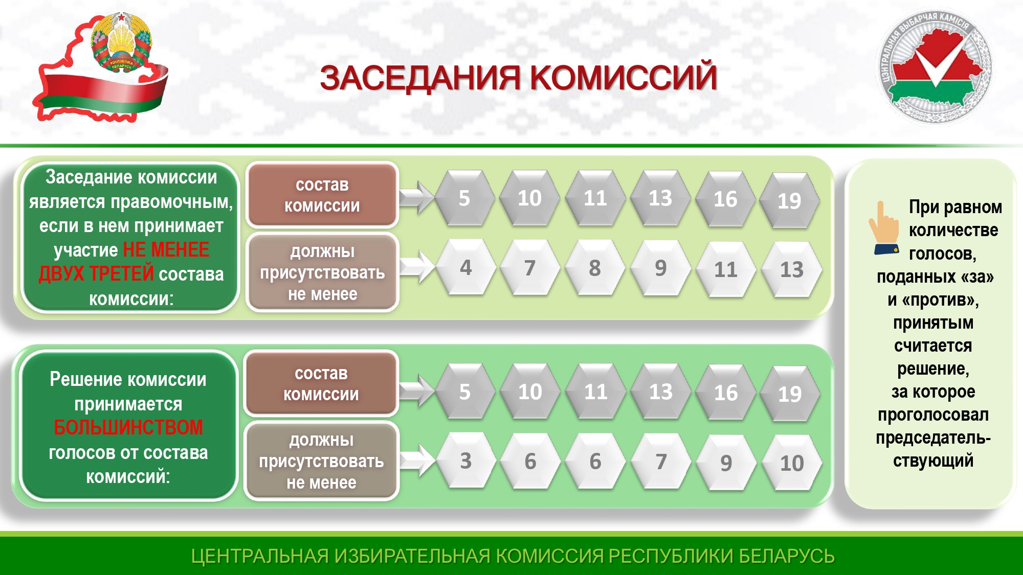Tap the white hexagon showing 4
465,267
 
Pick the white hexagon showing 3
465,461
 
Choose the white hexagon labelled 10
792,463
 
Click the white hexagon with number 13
792,269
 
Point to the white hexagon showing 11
726,269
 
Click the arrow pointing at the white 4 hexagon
417,266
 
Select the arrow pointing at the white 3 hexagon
417,460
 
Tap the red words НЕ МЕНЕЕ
166,250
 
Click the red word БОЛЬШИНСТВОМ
128,427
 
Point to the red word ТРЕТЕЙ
121,274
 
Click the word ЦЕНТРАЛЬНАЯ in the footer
260,556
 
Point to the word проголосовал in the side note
933,415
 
